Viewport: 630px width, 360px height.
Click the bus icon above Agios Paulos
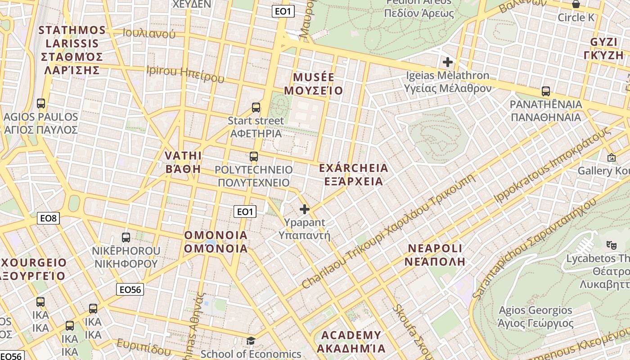click(41, 103)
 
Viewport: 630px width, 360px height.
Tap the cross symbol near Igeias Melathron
click(447, 62)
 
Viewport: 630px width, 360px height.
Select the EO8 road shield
click(49, 219)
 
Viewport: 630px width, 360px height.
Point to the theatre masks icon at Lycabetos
click(611, 245)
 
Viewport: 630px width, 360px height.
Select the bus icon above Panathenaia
click(546, 91)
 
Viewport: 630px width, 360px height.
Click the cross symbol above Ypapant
click(305, 209)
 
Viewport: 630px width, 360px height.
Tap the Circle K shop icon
click(576, 4)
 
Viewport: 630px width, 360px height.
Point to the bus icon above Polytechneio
click(254, 157)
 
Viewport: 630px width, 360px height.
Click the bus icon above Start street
click(256, 108)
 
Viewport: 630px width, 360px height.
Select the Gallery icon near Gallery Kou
click(611, 157)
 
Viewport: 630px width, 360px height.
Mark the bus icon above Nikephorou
click(126, 237)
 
